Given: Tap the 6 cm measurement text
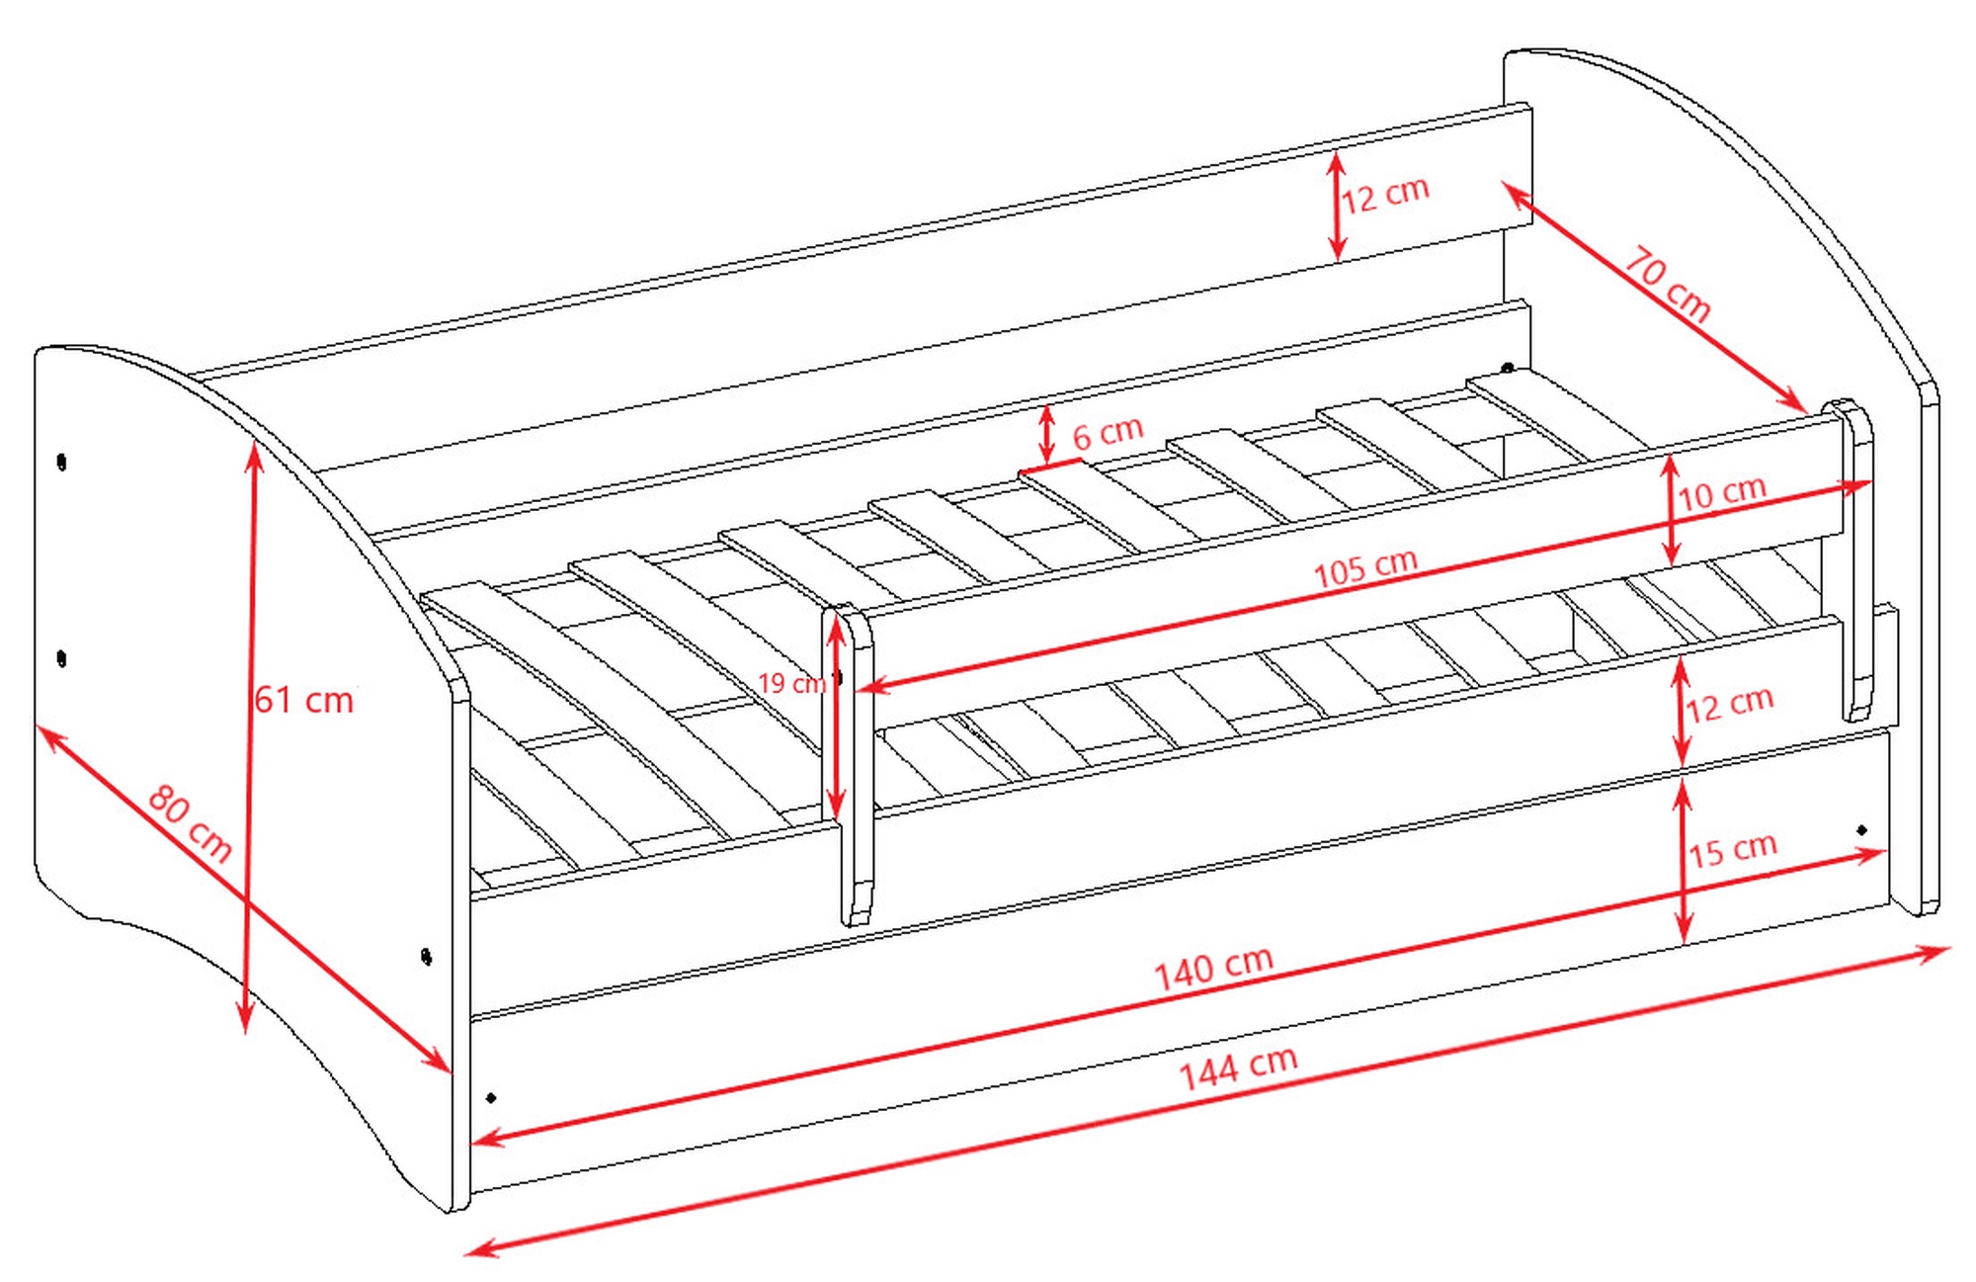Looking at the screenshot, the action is point(1108,432).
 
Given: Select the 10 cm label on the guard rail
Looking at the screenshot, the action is point(1722,492).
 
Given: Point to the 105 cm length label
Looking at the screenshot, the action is point(1365,567).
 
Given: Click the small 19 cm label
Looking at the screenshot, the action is point(791,683).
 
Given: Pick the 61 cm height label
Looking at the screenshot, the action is point(304,700).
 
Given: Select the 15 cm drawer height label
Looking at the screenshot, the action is point(1733,850).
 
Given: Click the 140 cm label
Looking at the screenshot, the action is point(1214,968).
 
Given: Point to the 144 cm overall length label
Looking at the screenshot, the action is point(1238,1068).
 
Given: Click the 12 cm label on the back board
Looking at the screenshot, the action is point(1385,195).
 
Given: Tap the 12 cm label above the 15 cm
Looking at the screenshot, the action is point(1730,704).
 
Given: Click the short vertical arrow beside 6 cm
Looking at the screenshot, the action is point(1046,434).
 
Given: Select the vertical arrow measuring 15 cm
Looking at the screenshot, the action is point(1684,859).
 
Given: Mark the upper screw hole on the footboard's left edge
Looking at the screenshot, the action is point(62,462).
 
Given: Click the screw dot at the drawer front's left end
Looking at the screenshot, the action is point(491,1097).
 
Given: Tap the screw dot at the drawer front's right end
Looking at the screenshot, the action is point(1861,829).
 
